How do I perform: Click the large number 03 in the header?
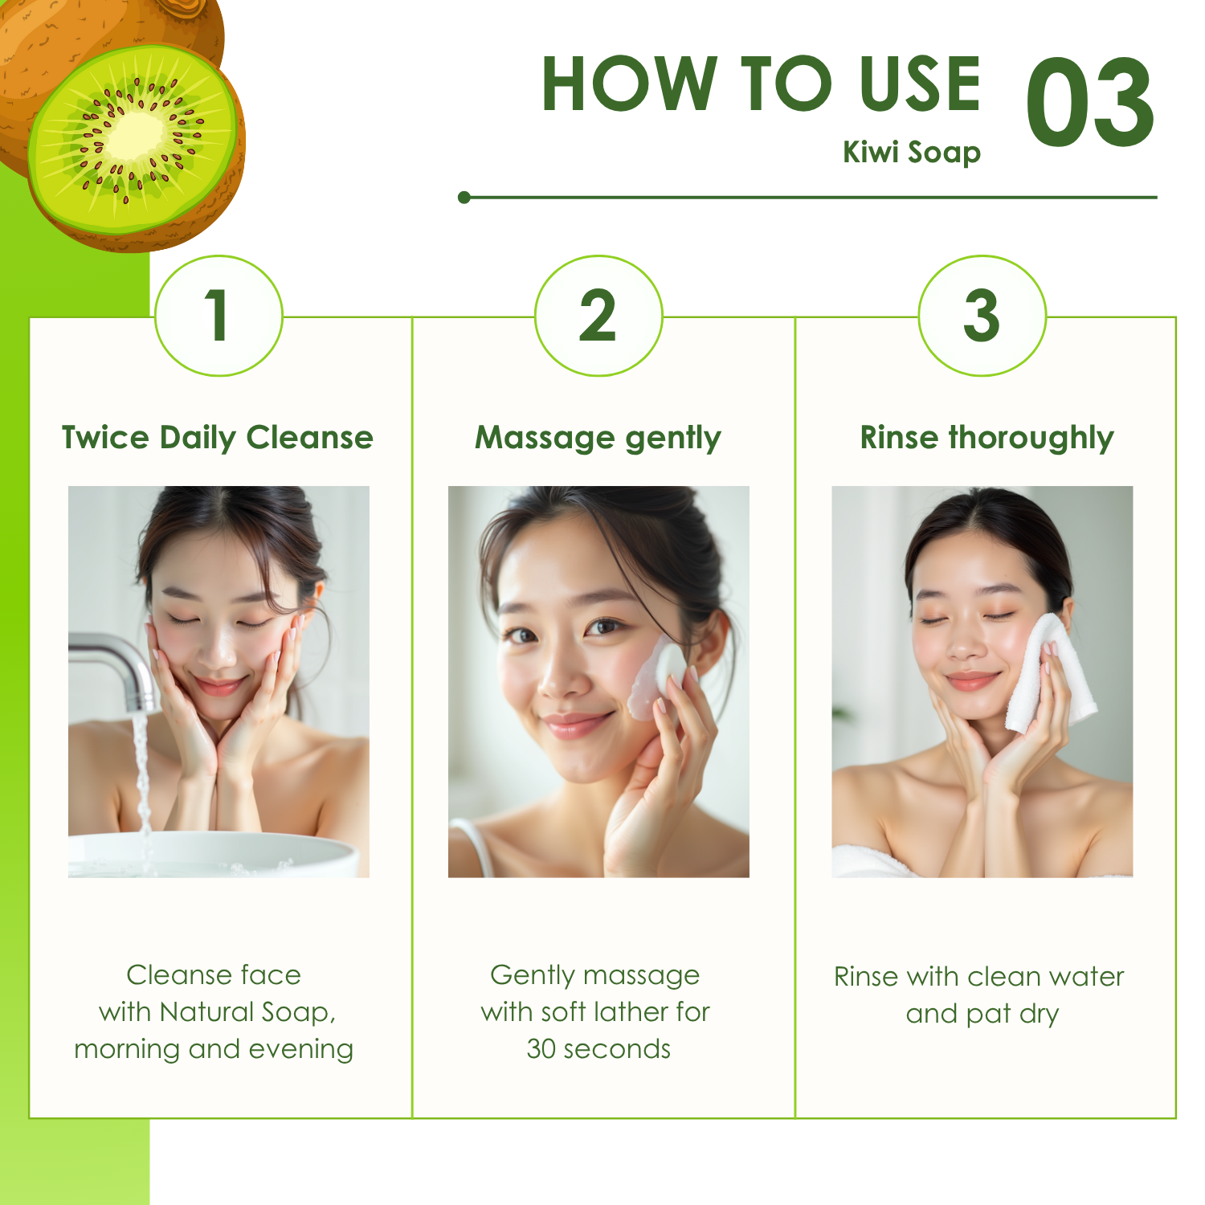[x=1090, y=103]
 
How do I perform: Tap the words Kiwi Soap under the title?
[x=912, y=153]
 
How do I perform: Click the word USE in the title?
[x=920, y=84]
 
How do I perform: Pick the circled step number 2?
[x=598, y=315]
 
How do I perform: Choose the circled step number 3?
[x=982, y=315]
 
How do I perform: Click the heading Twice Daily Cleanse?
[x=218, y=438]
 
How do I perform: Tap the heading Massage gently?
[x=598, y=439]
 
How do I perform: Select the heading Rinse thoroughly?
[x=986, y=439]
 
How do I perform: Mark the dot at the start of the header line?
[x=464, y=197]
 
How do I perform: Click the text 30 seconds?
[x=598, y=1049]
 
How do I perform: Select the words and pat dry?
[x=982, y=1015]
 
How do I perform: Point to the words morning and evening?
[x=214, y=1050]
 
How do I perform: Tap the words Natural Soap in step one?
[x=247, y=1012]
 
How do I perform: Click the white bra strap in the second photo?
[x=473, y=848]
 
